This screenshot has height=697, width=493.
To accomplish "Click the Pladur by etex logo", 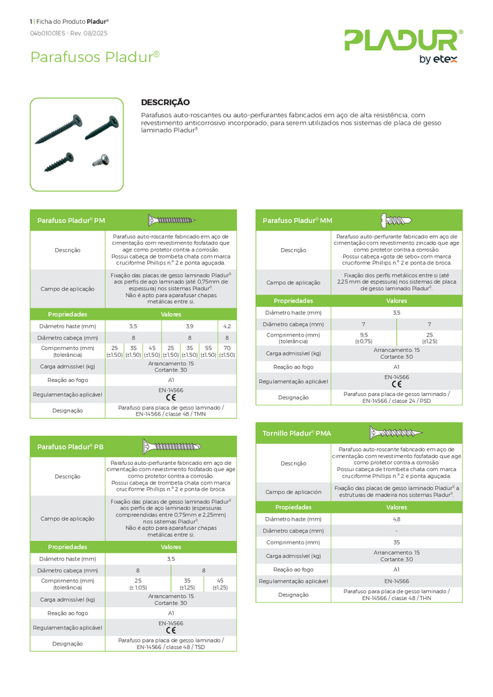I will pos(403,45).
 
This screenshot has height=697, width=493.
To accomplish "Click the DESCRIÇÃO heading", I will pos(165,102).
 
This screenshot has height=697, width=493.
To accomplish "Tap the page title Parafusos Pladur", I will pos(95,57).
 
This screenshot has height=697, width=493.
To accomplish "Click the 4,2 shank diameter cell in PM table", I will pos(227,325).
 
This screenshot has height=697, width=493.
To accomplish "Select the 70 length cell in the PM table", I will pos(227,351).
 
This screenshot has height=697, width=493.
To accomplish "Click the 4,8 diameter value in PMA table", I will pos(396,519).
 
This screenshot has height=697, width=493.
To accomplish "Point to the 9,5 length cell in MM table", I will pos(363,337).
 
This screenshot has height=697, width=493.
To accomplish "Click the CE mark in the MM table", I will pos(396,384).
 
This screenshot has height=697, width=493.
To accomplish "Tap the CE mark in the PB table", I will pos(171,630).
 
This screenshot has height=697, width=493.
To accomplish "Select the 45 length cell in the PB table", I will pos(220,584).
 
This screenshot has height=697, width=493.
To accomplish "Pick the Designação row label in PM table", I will pos(67,411).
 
